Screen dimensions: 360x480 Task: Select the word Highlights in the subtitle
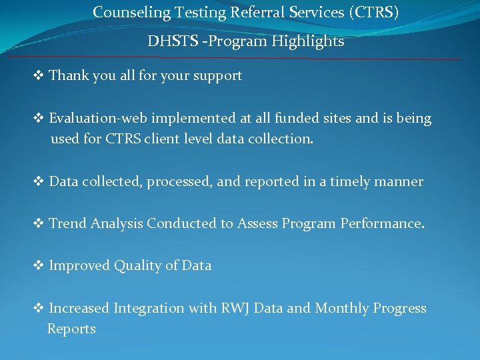tap(313, 41)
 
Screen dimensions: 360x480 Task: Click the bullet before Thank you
tap(39, 76)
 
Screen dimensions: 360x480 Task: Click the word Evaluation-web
tap(98, 119)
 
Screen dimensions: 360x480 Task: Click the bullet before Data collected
tap(39, 182)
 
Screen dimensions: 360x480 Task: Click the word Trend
tap(68, 224)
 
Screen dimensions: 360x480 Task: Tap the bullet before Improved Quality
tap(39, 266)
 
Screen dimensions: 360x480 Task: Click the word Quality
tap(137, 266)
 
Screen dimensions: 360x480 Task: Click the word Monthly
tap(341, 309)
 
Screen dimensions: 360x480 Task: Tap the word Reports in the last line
tap(71, 329)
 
